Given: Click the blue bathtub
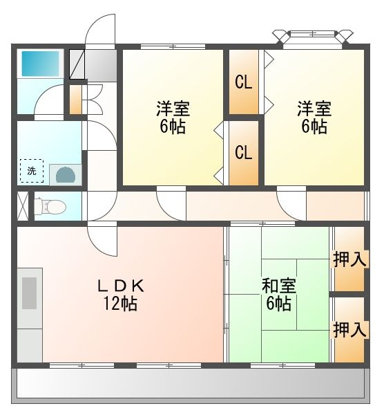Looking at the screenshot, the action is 40,64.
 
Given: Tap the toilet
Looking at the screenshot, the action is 50,206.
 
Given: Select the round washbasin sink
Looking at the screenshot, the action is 66,175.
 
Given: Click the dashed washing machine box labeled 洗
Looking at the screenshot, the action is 32,171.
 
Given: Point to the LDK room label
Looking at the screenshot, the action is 121,286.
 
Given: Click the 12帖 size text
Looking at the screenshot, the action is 120,304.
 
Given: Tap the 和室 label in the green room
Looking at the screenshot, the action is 279,286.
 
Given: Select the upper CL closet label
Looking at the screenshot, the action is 243,82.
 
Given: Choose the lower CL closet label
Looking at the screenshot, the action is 243,152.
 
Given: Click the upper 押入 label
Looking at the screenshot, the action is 350,259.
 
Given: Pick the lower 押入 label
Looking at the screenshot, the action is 350,330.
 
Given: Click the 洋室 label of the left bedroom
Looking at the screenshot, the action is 173,109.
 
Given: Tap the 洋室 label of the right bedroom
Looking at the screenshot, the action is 314,109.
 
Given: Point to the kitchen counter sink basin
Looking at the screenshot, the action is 29,293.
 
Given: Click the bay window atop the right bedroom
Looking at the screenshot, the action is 313,37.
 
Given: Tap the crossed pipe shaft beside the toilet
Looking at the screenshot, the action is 23,206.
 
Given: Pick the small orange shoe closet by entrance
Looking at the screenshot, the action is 75,100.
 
